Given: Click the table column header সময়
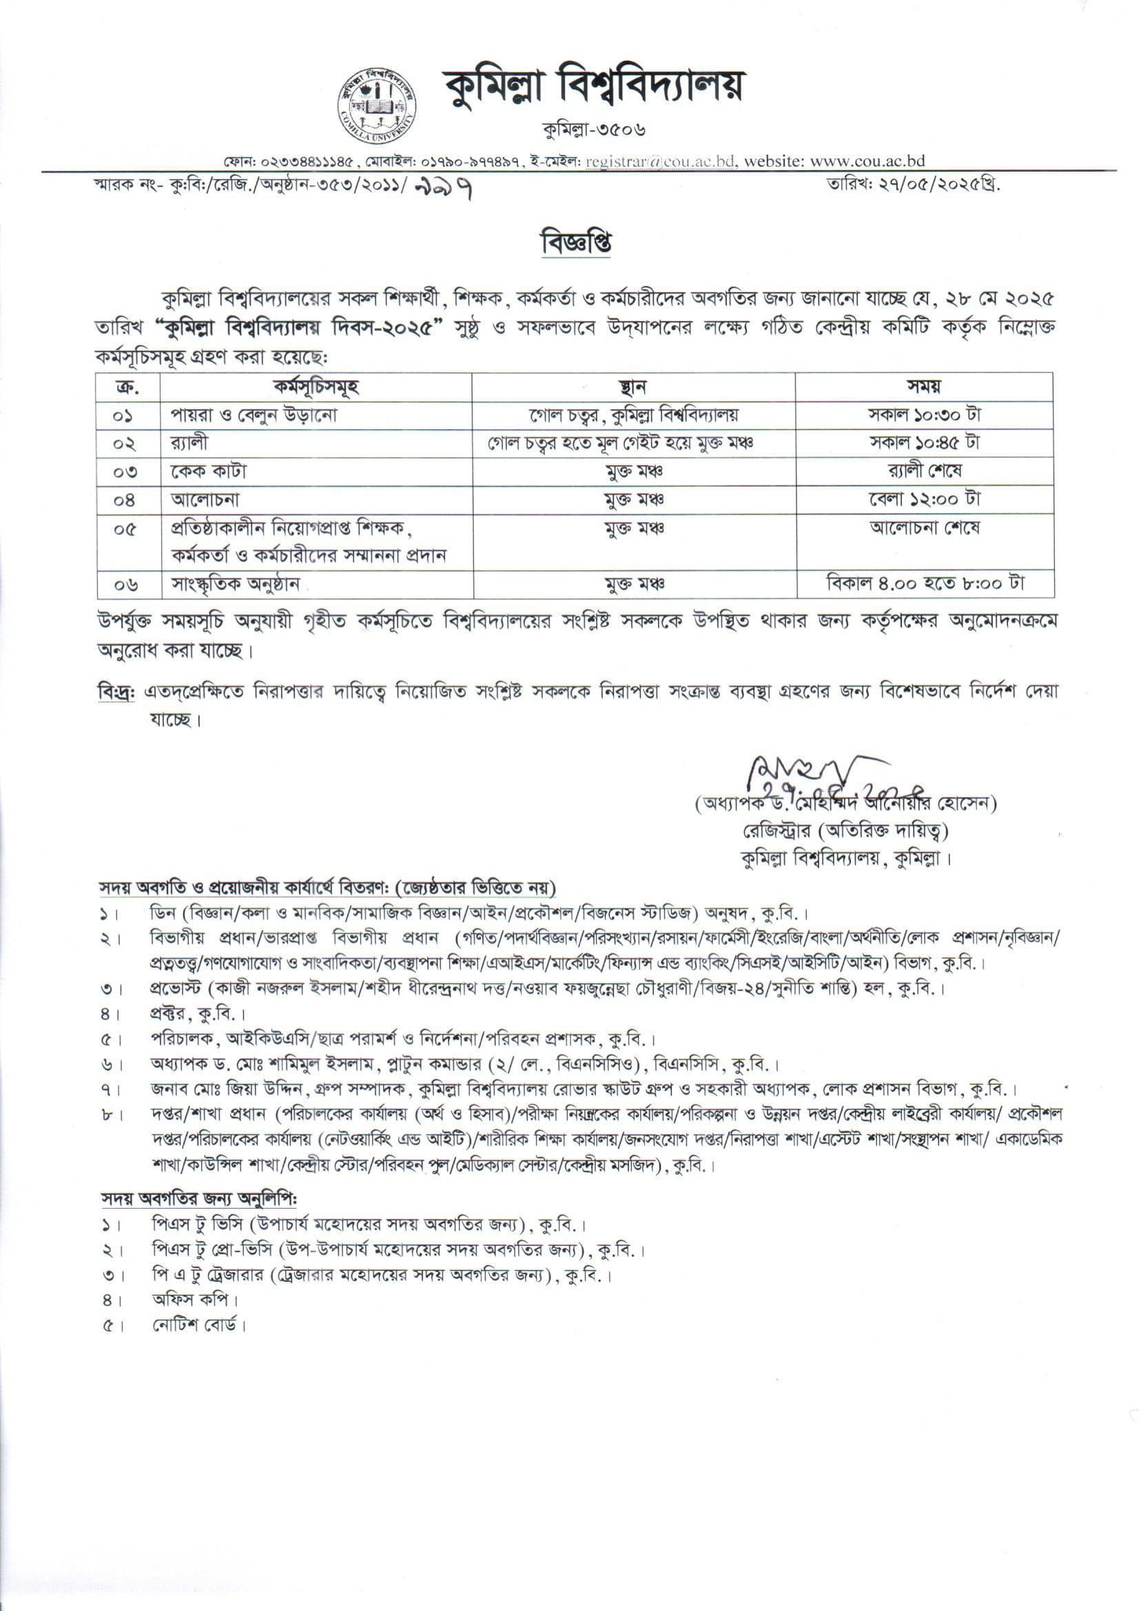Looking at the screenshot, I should (x=924, y=387).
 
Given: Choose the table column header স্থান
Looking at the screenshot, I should (x=633, y=387).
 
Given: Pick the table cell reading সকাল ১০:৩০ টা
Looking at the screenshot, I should (x=924, y=415).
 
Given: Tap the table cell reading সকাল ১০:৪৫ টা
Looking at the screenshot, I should (x=924, y=443).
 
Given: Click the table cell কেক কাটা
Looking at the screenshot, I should (x=209, y=471).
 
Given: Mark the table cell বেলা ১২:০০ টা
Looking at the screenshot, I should (x=924, y=499).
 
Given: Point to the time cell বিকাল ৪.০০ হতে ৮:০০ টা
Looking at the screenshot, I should (x=924, y=583).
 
